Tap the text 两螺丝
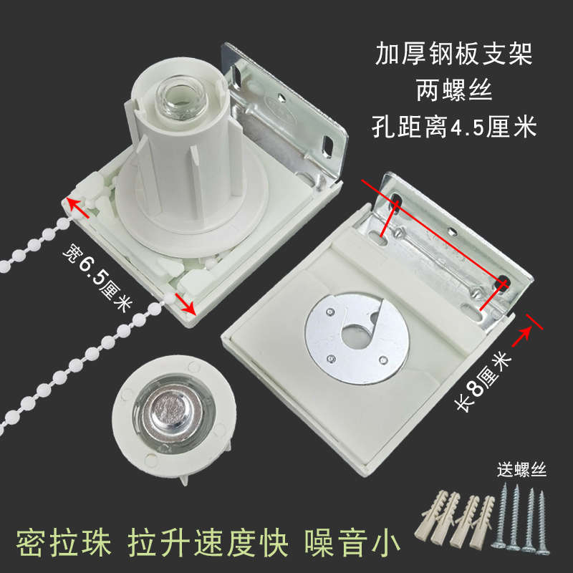(456, 90)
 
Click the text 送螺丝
(522, 471)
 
